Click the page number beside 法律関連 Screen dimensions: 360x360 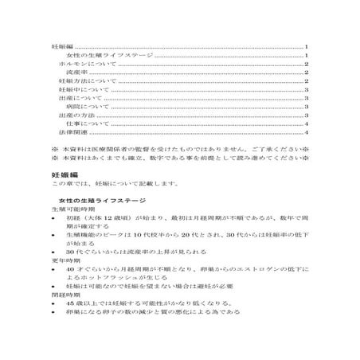307,133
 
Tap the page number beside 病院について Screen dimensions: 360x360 307,107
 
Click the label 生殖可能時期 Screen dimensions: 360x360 70,208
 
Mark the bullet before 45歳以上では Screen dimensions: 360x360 53,304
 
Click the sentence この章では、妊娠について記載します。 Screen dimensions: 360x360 108,183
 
